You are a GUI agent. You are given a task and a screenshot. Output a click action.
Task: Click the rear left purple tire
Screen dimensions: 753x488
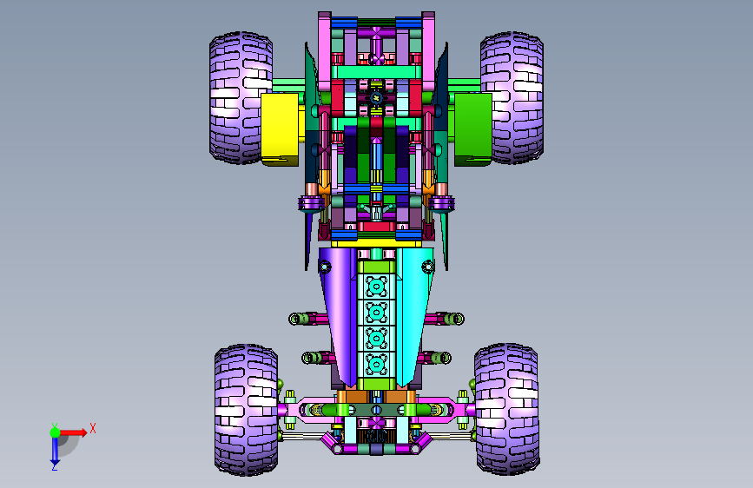click(241, 98)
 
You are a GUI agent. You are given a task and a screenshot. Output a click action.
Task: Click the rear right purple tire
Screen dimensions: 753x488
click(512, 98)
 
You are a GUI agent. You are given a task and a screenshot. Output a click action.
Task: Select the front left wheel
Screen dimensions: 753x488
click(247, 410)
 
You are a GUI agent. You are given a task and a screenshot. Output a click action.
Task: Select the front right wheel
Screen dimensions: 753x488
click(507, 410)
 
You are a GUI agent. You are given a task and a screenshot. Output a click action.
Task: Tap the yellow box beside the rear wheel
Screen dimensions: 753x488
click(280, 129)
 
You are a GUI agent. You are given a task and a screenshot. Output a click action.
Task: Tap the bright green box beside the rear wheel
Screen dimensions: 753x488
click(473, 129)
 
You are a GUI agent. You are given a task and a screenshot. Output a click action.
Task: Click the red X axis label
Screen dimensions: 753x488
click(93, 428)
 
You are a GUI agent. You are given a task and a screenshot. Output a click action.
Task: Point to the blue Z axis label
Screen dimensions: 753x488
click(55, 466)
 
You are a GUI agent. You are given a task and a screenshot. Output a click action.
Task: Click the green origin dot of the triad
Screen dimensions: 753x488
click(56, 432)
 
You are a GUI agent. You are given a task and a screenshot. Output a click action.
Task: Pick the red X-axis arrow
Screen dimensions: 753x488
click(73, 432)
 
